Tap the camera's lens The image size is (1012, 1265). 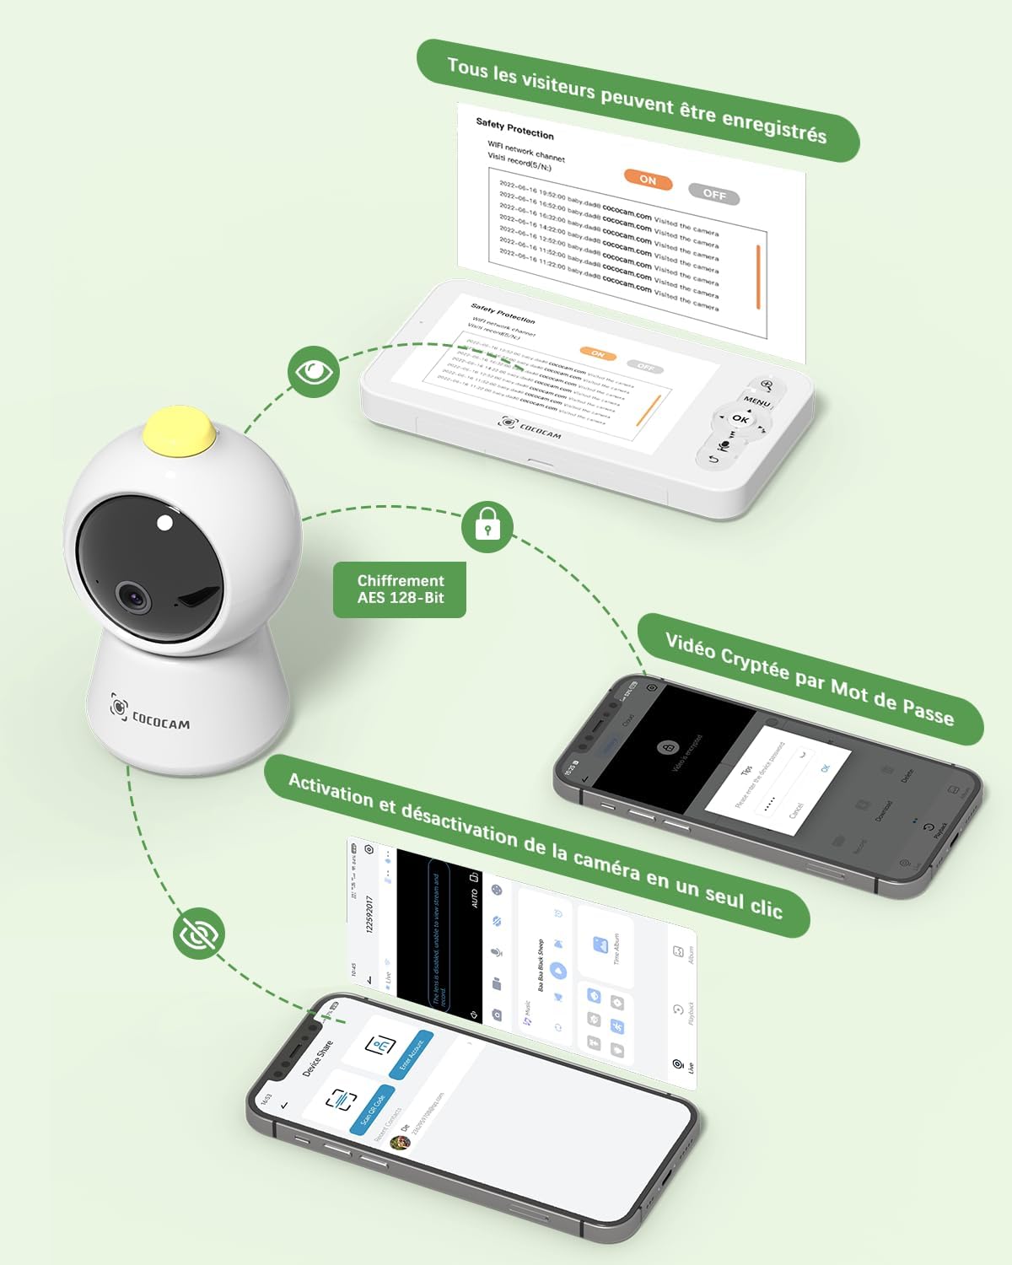coord(134,596)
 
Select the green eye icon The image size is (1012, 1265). coord(313,371)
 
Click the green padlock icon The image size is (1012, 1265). coord(487,526)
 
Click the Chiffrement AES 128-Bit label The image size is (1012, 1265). coord(400,589)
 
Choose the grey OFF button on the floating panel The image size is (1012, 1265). coord(713,194)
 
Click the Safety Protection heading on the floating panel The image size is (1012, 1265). coord(514,129)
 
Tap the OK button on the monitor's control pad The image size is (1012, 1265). coord(740,418)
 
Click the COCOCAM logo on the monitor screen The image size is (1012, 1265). coord(530,428)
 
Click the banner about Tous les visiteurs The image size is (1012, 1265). coord(638,100)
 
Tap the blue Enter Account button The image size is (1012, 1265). coord(411,1054)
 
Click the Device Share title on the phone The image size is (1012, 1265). coord(318,1059)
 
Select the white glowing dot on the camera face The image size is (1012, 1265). coord(165,523)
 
